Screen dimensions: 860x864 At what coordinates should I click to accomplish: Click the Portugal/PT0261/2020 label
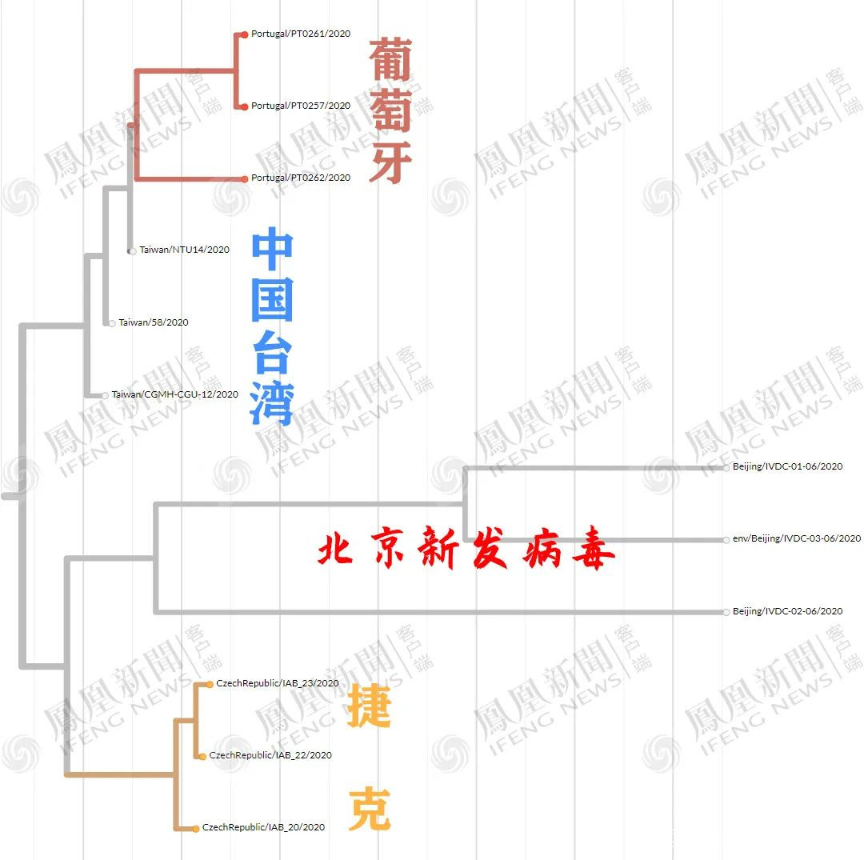300,34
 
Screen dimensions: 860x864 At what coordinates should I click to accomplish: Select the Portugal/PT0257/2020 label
300,106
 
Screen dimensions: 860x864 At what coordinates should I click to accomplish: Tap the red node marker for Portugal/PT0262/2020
245,178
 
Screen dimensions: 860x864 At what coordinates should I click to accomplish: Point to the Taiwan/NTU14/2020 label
184,250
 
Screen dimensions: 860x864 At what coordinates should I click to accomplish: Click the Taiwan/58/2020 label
154,322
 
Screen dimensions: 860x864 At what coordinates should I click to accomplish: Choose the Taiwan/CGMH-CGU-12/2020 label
174,394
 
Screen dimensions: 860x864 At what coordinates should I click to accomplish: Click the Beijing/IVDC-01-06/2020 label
787,466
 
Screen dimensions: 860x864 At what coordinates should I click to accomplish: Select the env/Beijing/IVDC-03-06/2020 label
797,538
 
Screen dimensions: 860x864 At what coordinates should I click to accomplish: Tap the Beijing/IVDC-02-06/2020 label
787,611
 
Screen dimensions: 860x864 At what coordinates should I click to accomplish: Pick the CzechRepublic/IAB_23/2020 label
277,683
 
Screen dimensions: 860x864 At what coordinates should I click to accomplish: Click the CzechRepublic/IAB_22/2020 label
270,755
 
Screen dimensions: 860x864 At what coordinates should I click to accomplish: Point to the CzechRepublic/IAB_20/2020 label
263,827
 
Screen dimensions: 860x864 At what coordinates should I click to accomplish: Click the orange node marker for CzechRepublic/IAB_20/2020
196,828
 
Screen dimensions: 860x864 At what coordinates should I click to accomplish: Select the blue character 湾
271,402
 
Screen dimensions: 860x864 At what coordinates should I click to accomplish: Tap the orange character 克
369,810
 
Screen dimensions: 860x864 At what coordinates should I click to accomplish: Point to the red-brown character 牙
390,162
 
